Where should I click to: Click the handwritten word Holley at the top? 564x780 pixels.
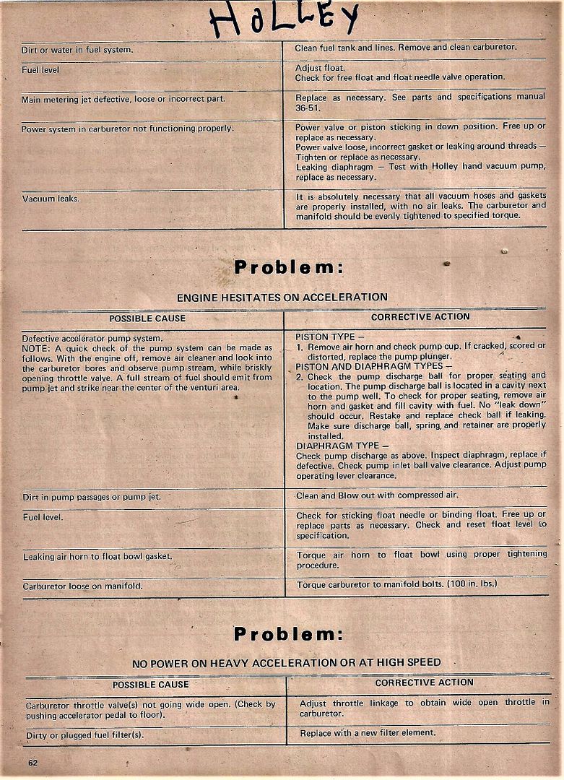283,19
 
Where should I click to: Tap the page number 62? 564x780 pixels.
33,763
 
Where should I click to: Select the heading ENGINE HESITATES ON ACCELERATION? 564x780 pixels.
282,297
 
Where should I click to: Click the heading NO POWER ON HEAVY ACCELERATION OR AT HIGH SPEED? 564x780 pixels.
286,662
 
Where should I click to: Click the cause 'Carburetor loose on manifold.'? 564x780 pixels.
82,586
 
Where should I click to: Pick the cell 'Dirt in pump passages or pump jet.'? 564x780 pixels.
91,497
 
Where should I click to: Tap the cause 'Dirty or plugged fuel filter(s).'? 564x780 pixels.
84,734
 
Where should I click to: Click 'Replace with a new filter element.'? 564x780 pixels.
368,732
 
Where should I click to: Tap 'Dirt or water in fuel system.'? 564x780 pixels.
77,50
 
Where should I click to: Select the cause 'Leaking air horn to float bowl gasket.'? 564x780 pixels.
97,556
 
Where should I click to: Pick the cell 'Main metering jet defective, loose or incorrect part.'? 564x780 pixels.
123,99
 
